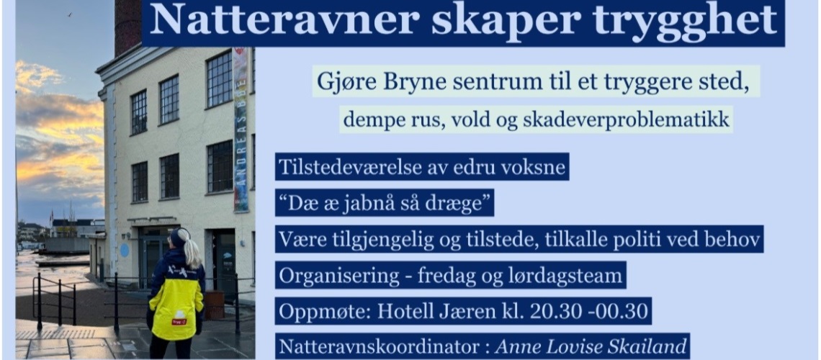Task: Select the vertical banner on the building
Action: (x=240, y=130)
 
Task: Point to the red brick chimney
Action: (x=128, y=26)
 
